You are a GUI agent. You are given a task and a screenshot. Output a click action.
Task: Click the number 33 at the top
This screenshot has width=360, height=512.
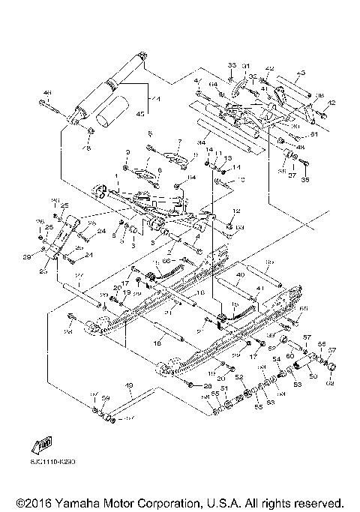(x=231, y=64)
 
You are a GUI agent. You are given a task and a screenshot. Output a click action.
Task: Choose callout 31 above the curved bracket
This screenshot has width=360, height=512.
(x=245, y=65)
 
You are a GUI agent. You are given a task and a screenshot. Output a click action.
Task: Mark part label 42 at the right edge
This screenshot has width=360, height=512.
(x=331, y=103)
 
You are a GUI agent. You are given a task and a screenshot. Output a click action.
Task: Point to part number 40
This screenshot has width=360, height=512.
(x=240, y=276)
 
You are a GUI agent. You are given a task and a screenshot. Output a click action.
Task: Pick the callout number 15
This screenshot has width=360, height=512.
(x=235, y=305)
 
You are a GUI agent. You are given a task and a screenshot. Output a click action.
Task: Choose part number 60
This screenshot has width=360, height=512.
(x=289, y=355)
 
